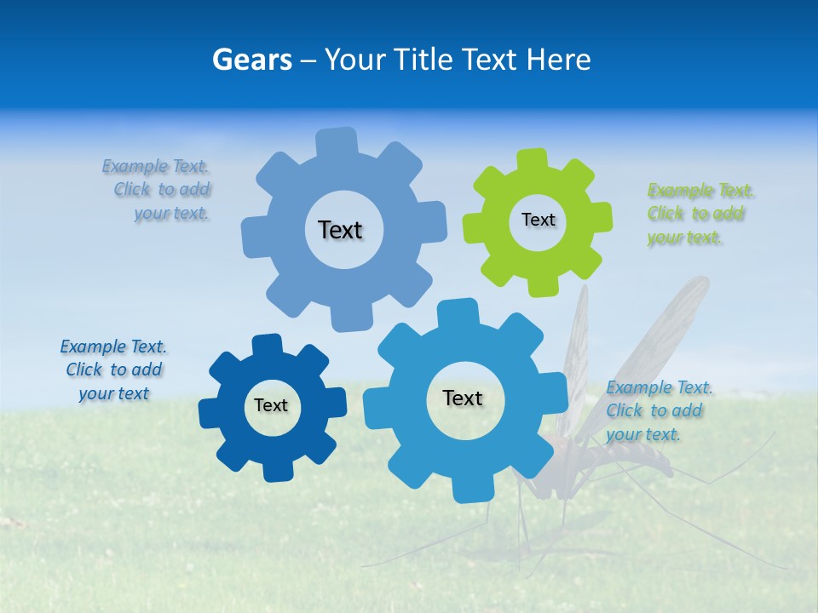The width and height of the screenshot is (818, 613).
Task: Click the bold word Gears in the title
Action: tap(251, 60)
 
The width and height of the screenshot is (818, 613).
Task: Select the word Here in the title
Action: tap(559, 60)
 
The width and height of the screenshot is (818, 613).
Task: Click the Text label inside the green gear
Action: tap(538, 220)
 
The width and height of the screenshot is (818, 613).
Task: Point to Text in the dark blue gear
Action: tap(271, 405)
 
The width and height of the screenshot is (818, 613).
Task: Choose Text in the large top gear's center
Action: tap(340, 230)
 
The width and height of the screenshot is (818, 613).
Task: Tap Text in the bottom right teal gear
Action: tap(463, 398)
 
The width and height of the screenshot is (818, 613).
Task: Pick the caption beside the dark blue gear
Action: tap(113, 370)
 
